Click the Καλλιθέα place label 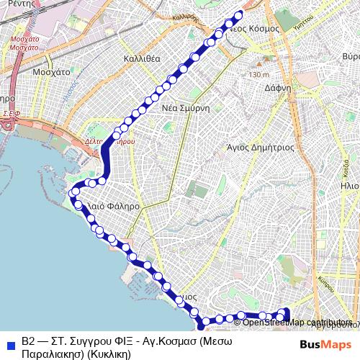point(141,58)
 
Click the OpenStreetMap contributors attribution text point(298,322)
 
